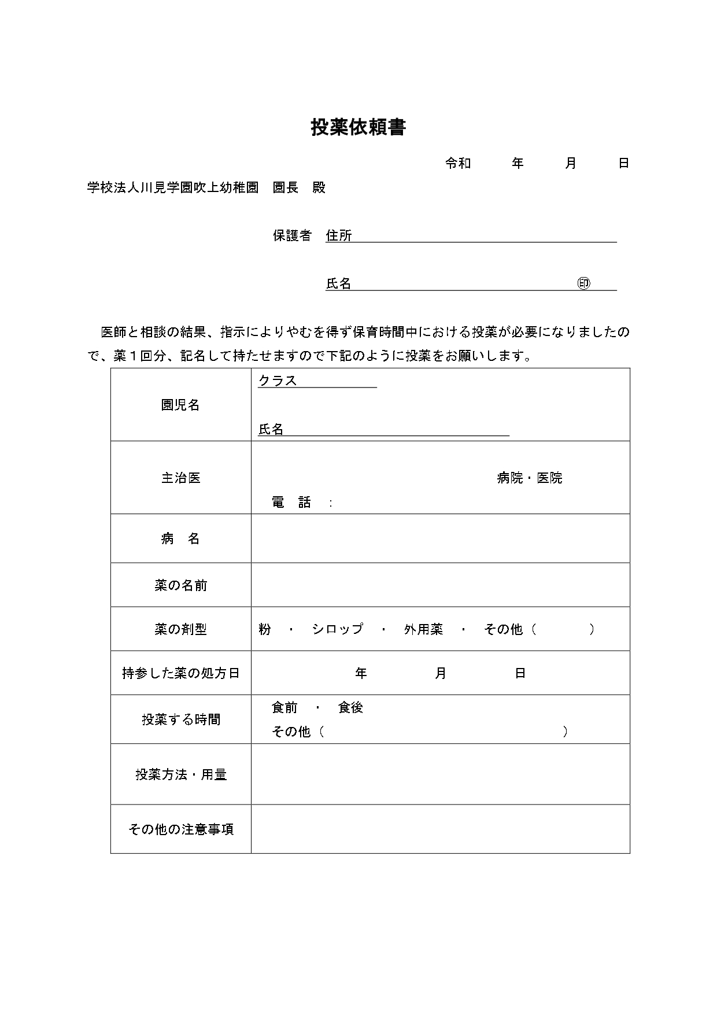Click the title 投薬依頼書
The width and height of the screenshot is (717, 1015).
pos(358,128)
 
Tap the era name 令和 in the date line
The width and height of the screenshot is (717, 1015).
pos(458,164)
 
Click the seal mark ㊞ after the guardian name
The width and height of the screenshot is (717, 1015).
pos(583,283)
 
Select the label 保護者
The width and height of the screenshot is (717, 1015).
pos(292,235)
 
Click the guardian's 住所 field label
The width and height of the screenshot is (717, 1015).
pos(339,235)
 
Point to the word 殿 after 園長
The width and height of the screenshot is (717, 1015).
pos(319,188)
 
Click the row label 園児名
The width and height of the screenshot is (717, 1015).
pos(180,405)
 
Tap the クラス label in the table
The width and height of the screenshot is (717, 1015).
pos(278,381)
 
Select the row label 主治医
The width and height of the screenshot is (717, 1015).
pos(180,478)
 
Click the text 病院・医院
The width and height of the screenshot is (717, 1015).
pos(529,478)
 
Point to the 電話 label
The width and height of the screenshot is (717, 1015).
pos(291,503)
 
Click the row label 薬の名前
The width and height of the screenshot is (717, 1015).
pos(180,585)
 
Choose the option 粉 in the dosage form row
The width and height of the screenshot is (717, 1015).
pos(265,629)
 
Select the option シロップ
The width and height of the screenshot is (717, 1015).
pos(337,629)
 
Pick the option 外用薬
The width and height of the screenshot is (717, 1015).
pos(423,629)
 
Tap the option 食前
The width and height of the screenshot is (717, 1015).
pos(284,707)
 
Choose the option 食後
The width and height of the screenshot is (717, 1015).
pos(350,707)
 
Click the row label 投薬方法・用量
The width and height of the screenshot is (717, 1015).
pos(180,774)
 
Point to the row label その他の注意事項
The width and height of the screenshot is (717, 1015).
pos(180,829)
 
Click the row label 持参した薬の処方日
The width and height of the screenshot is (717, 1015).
pos(180,673)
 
